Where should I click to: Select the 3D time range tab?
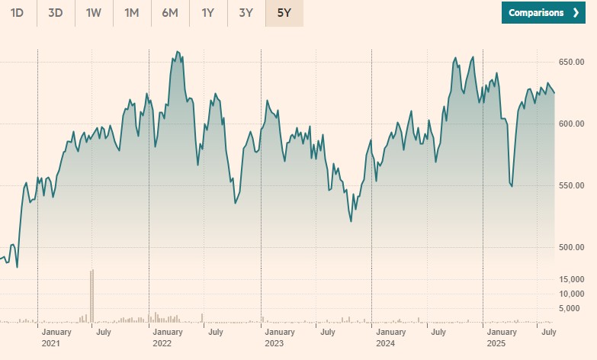56,13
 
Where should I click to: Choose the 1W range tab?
94,13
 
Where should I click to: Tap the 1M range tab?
132,13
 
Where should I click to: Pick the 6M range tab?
170,13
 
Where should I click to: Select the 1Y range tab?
208,13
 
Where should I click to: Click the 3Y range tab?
246,13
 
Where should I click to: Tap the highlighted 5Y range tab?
284,13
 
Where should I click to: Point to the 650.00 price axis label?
571,62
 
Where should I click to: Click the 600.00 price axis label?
571,124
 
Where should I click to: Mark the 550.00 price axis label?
571,185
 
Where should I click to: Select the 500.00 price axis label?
571,247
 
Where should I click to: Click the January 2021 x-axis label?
56,337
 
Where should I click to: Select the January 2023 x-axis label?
280,337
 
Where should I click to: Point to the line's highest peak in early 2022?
178,52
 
